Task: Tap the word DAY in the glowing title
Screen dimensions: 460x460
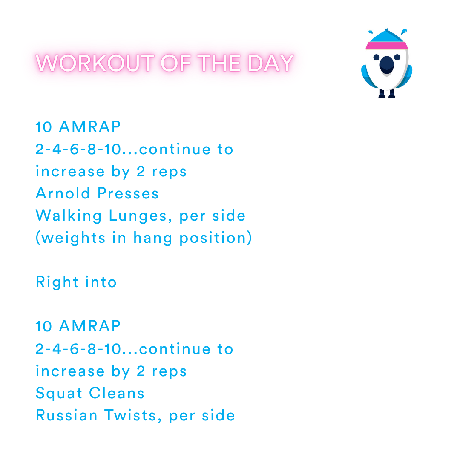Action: click(271, 63)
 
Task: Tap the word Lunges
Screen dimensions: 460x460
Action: click(141, 216)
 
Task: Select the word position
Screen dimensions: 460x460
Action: click(216, 238)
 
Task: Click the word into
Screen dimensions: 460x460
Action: click(101, 282)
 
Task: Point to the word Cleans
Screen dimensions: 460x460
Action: click(118, 393)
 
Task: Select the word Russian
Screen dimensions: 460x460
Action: click(67, 415)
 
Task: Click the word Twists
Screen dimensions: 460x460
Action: click(132, 415)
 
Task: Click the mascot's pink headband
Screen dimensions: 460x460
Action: click(386, 46)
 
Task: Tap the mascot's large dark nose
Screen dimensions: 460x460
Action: click(386, 65)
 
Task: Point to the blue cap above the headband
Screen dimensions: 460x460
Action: click(386, 36)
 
